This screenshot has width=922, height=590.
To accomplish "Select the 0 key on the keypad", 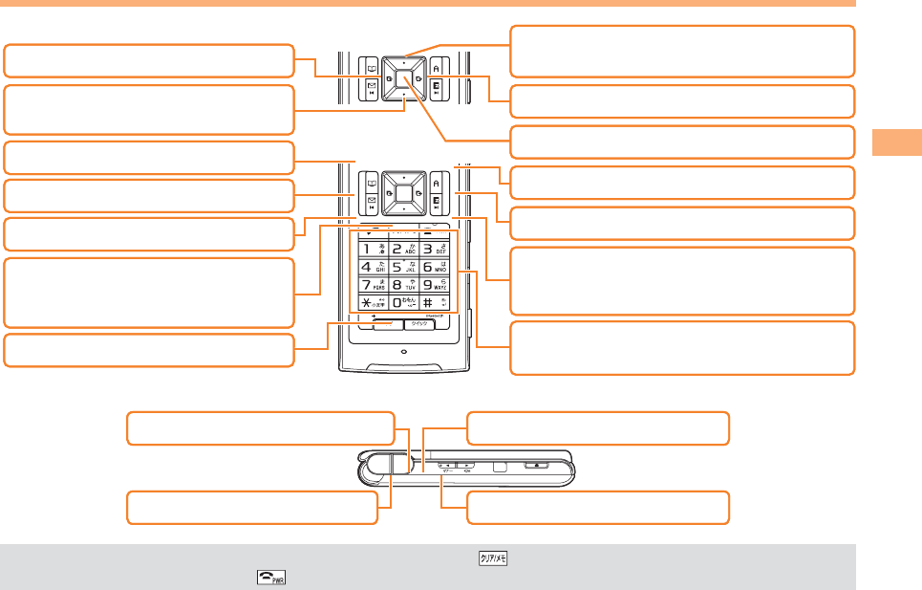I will (403, 303).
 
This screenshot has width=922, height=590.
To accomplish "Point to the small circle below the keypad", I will (403, 352).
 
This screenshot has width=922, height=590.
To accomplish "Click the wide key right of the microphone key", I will (418, 325).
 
